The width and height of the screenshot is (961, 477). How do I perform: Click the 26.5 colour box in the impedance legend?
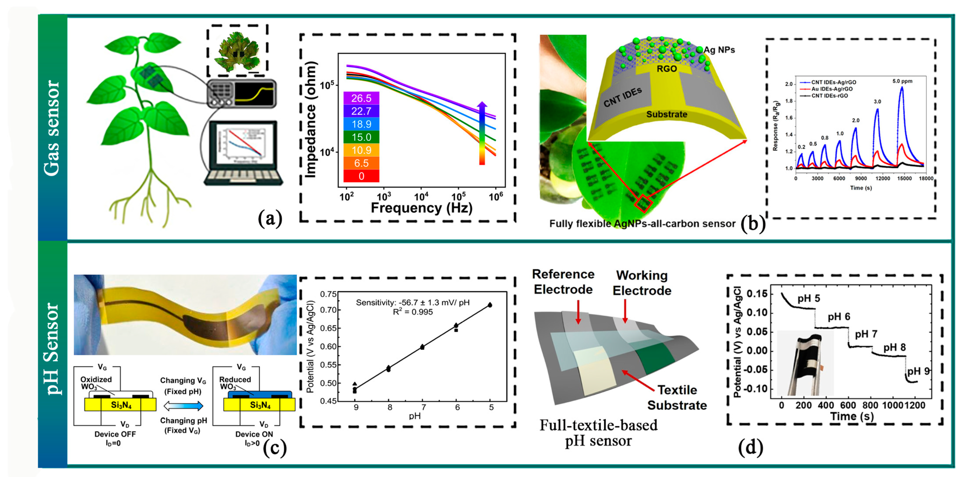361,98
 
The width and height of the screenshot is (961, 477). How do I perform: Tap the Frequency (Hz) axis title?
421,208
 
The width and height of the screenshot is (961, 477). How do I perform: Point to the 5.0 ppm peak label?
902,81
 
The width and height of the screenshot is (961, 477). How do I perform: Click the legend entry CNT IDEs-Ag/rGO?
833,82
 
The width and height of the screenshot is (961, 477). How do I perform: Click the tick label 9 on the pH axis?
356,407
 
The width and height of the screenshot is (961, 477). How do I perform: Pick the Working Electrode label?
642,283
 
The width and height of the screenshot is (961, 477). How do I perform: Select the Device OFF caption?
115,434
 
